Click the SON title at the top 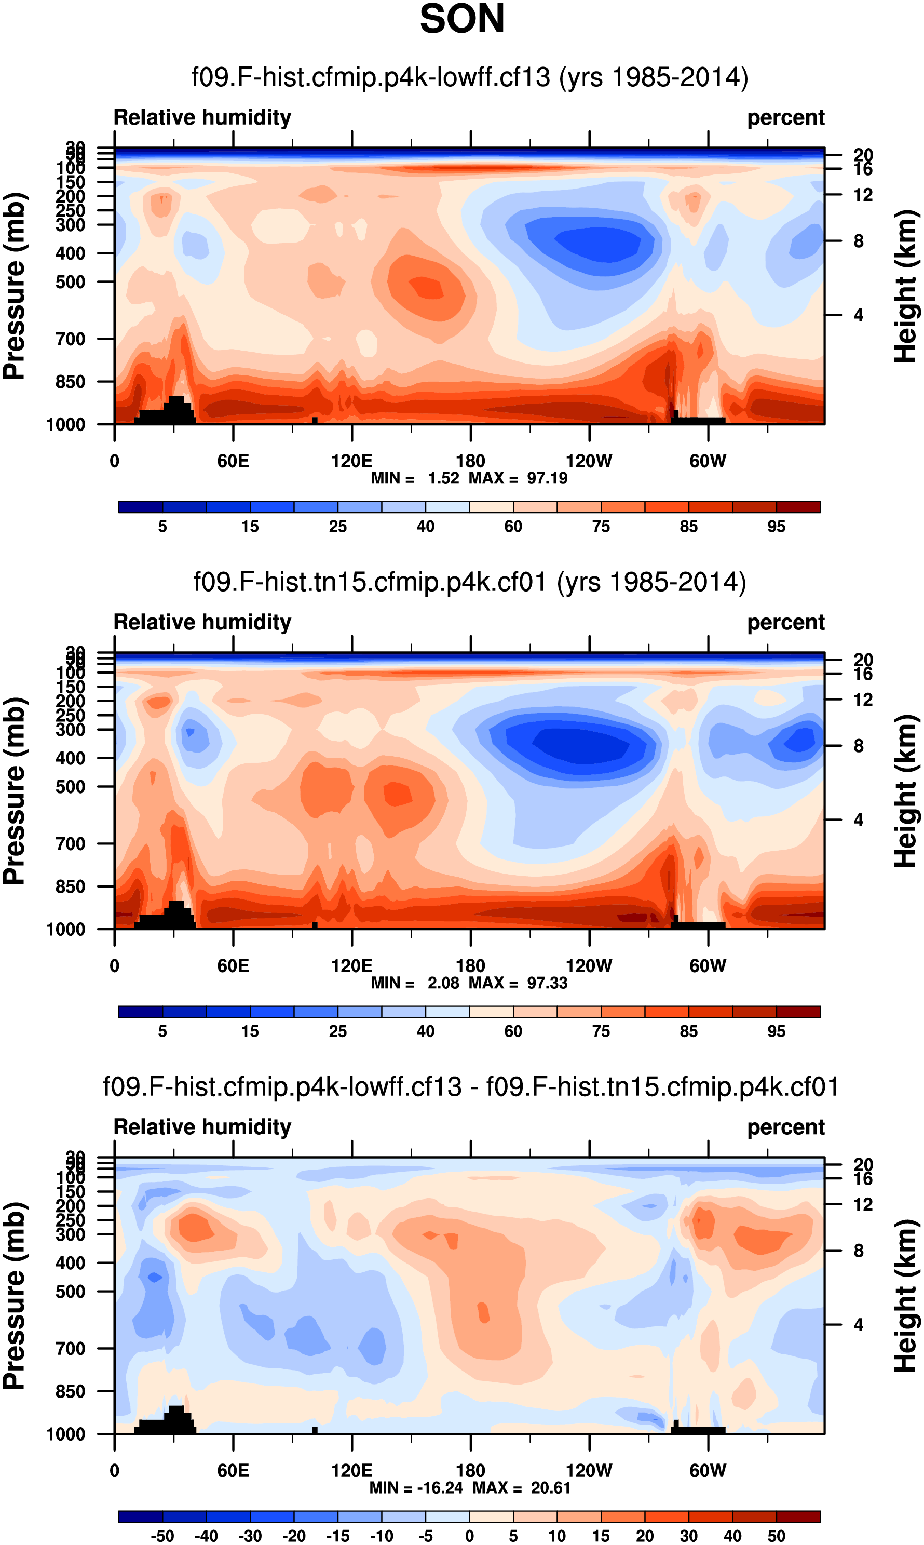[x=462, y=19]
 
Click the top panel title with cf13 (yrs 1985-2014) [x=469, y=77]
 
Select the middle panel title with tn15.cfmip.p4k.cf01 [x=469, y=582]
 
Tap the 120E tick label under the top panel [x=352, y=461]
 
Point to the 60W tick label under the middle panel [x=708, y=965]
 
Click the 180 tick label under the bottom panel [x=470, y=1470]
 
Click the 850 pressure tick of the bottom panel [x=71, y=1391]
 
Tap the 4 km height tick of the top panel [x=859, y=315]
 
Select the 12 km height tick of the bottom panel [x=863, y=1205]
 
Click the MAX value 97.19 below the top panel [x=547, y=478]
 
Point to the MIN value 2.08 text [x=443, y=983]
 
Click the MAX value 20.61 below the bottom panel [x=550, y=1488]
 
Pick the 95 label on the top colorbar [x=777, y=527]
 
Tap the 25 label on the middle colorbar [x=337, y=1031]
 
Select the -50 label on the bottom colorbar [x=162, y=1536]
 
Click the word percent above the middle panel [x=786, y=622]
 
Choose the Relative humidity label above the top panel [x=202, y=117]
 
